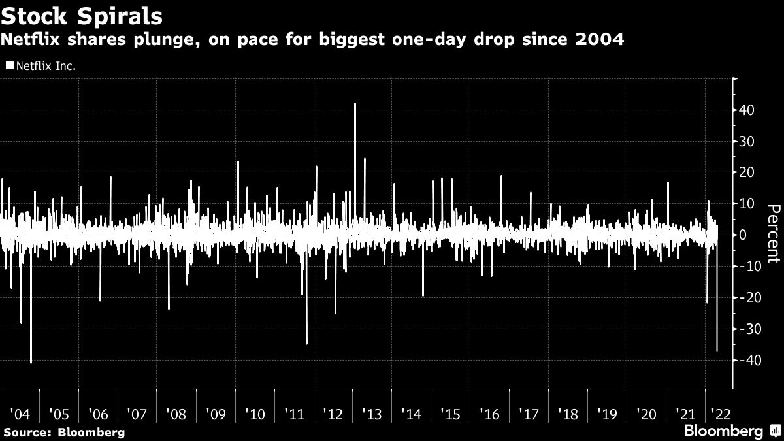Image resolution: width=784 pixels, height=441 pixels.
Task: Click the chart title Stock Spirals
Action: coord(82,14)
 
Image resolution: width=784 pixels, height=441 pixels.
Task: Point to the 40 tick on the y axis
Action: coord(748,110)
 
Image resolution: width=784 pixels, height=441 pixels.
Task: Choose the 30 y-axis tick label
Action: coord(748,141)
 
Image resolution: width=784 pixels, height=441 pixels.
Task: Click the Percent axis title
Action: coord(773,235)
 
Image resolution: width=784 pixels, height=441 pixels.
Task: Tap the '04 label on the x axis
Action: coord(20,414)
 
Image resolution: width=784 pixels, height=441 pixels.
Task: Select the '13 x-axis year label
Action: coord(372,414)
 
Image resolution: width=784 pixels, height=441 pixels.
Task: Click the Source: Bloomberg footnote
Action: coord(63,432)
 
